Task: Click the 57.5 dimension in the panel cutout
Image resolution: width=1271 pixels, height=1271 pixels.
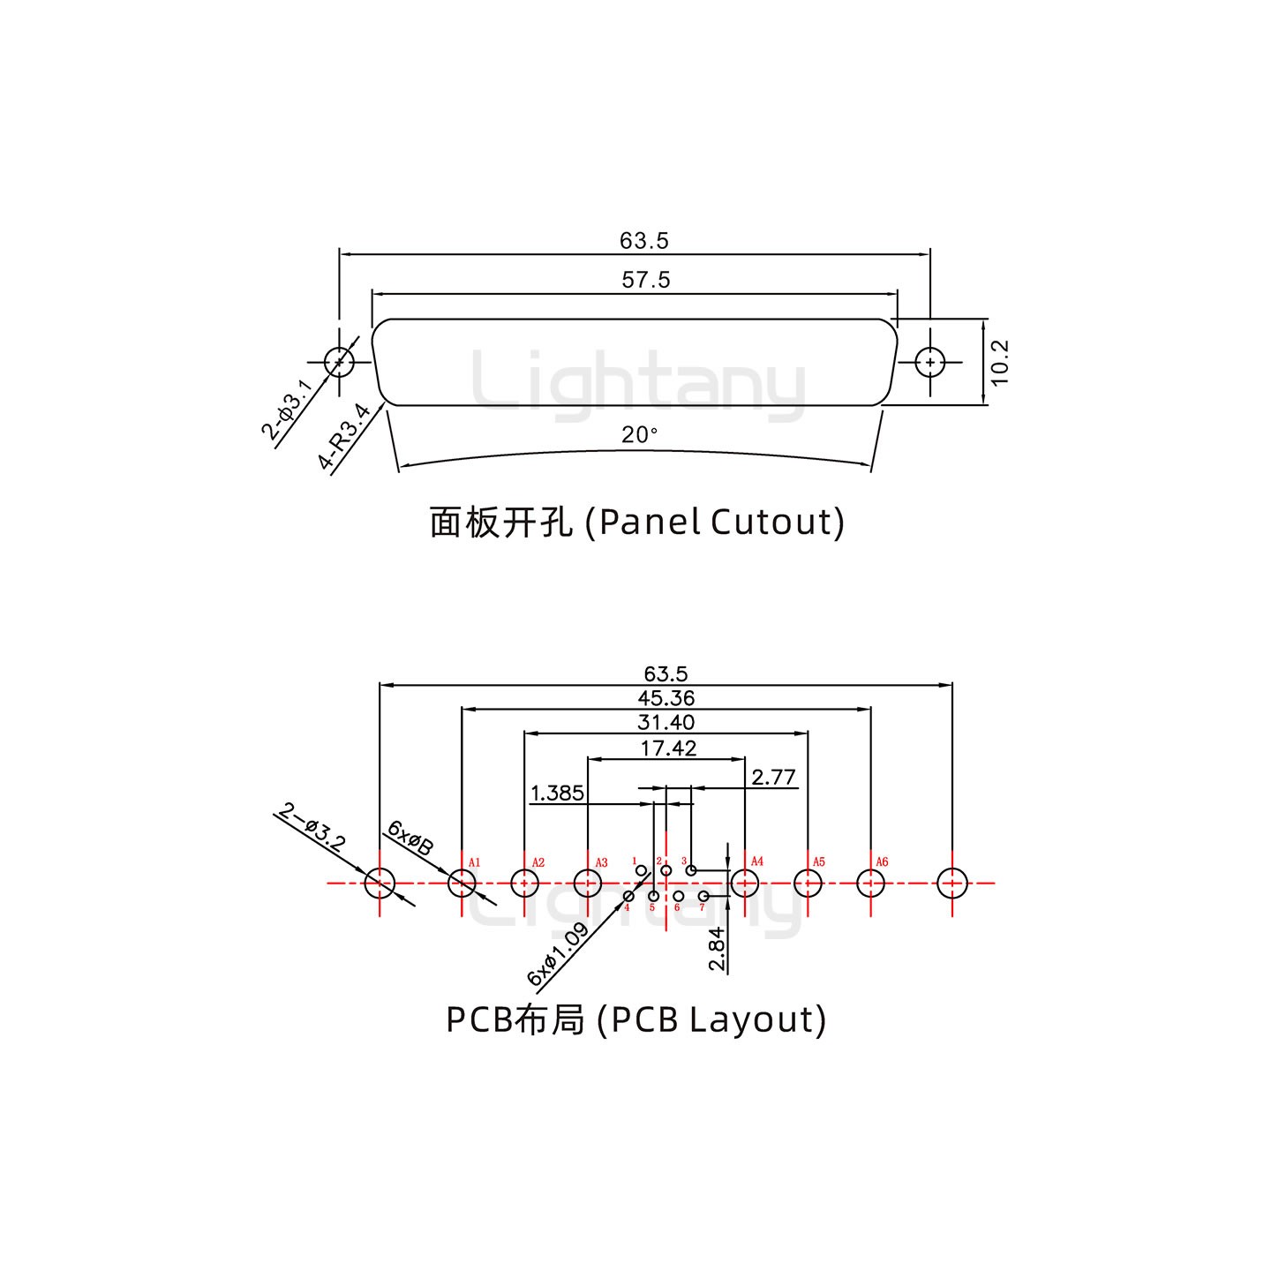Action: coord(646,280)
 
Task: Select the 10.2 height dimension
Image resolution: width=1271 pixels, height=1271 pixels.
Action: coord(999,362)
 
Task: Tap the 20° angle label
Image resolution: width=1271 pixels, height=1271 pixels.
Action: coord(640,435)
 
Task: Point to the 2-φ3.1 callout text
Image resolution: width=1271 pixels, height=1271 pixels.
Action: coord(286,410)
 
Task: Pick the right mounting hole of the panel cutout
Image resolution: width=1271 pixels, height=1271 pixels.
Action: coord(930,362)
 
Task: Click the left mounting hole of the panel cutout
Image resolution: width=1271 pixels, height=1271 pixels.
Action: coord(339,362)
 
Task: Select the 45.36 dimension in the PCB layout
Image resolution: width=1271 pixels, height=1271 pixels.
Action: coord(666,698)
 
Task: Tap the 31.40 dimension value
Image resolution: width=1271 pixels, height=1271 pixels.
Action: coord(666,722)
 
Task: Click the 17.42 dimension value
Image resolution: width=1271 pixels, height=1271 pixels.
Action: coord(668,748)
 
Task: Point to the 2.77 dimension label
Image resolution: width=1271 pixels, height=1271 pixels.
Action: coord(773,777)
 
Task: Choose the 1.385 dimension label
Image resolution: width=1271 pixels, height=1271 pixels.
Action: coord(557,793)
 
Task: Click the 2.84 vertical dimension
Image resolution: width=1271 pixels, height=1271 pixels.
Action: coord(717,949)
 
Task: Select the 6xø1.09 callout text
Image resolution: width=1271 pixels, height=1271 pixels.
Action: coord(558,955)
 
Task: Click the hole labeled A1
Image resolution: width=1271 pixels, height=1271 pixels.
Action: coord(462,882)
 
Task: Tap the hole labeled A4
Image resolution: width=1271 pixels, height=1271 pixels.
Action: coord(745,882)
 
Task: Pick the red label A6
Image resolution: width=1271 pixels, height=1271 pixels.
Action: coord(882,862)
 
